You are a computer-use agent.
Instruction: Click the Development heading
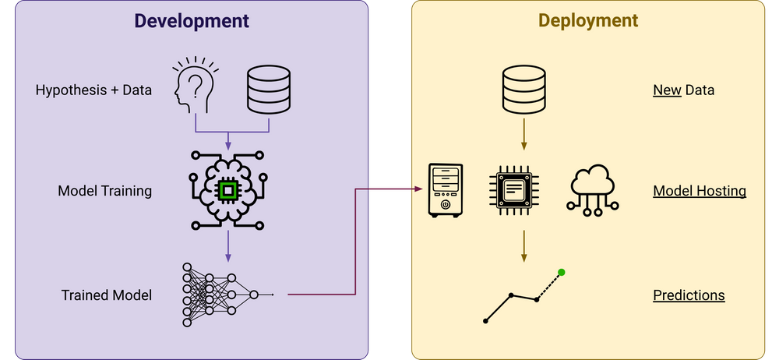(x=192, y=21)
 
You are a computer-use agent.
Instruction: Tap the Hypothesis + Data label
(x=93, y=90)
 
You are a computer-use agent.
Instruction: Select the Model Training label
(x=104, y=191)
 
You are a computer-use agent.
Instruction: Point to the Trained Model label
(x=107, y=295)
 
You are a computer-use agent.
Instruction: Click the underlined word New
(x=667, y=90)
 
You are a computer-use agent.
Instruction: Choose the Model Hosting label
(x=699, y=191)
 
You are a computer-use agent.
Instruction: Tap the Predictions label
(x=689, y=295)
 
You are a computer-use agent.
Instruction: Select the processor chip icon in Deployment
(x=514, y=190)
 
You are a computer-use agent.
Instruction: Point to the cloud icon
(x=594, y=187)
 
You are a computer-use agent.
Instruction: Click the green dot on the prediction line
(x=562, y=273)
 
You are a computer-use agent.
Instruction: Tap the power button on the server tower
(x=445, y=204)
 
